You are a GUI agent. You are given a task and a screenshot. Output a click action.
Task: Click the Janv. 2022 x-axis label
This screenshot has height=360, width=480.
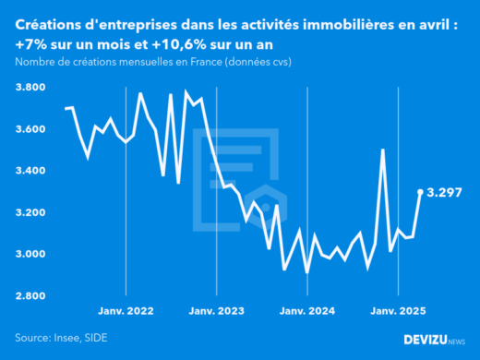click(126, 312)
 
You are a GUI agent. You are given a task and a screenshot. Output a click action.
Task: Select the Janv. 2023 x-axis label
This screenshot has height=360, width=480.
click(216, 312)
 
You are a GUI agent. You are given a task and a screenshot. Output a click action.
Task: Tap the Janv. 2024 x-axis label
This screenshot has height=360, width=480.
click(307, 312)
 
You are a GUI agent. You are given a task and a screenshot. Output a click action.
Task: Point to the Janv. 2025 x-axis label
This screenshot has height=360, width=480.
click(398, 312)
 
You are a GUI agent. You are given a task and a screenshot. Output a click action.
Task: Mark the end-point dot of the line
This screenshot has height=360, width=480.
click(421, 192)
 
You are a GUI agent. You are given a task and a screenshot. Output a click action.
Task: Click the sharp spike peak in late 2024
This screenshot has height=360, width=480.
click(382, 150)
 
